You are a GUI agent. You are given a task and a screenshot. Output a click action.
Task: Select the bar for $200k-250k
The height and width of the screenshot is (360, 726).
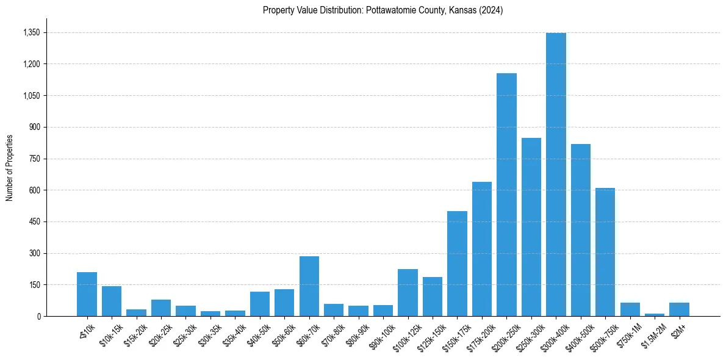pos(506,195)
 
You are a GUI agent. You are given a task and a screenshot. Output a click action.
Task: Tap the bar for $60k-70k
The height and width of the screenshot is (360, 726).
pos(309,286)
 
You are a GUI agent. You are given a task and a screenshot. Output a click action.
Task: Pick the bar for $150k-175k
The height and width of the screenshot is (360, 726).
pos(457,264)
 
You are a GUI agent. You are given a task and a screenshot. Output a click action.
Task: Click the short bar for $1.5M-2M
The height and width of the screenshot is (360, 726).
pos(655,315)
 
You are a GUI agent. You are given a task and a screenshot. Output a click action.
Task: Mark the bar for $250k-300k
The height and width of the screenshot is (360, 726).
pos(531,227)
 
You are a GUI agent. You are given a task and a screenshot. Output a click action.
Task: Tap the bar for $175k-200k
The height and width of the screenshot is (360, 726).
pos(482,249)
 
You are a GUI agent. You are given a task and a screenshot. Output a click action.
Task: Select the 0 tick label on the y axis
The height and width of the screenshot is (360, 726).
pos(38,316)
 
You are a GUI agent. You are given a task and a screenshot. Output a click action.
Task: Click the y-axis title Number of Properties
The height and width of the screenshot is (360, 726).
pos(9,168)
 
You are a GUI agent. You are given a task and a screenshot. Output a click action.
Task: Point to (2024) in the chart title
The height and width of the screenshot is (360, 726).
pos(491,10)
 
